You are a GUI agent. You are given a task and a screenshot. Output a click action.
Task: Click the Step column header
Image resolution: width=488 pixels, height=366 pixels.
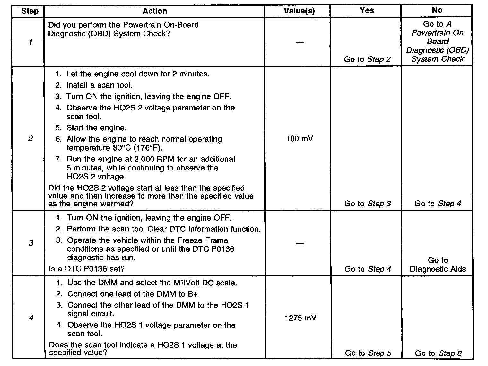pos(30,11)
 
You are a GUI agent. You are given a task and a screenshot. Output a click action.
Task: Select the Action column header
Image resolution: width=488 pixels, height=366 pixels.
pos(154,11)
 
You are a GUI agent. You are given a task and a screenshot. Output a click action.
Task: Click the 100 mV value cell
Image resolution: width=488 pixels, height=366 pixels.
pos(299,139)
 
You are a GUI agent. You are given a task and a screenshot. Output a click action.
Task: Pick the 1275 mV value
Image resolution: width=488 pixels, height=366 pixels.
pos(300,318)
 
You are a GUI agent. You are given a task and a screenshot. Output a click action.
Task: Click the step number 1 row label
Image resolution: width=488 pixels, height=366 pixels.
pos(30,42)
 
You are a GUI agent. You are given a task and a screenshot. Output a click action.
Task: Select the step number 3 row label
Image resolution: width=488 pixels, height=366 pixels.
pos(31,243)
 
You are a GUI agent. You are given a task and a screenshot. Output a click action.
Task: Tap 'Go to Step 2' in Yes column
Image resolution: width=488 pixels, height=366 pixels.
pos(367,59)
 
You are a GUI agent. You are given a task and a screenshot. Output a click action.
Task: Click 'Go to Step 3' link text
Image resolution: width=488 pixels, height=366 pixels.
pos(367,204)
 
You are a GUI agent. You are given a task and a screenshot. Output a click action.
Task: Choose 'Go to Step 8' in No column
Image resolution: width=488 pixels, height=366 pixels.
pos(438,353)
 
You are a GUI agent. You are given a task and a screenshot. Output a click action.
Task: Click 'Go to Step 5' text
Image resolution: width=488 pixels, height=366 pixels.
pos(368,353)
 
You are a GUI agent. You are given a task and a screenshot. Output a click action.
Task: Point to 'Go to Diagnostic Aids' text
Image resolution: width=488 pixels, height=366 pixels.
pos(438,265)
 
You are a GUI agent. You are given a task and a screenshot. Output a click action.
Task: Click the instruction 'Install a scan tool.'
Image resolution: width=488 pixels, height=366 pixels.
pos(99,85)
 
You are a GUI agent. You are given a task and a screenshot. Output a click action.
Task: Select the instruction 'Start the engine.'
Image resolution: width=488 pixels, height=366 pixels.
pos(96,128)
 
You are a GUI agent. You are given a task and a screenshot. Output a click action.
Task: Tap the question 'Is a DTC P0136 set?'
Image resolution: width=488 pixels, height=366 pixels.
pos(87,269)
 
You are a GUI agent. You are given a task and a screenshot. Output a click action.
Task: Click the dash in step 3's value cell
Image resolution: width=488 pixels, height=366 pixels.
pos(300,244)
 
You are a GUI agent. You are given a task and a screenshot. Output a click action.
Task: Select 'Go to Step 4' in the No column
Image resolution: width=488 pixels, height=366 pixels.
pos(438,204)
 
